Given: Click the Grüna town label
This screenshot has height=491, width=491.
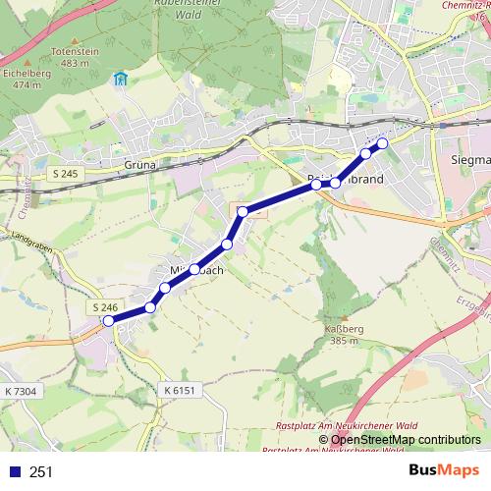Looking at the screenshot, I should coord(141,165).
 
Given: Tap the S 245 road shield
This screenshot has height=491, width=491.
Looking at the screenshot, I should coord(66,174).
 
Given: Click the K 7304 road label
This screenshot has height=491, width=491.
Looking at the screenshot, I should coord(21,391).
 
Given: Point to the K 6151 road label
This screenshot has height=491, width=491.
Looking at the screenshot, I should coord(179,391).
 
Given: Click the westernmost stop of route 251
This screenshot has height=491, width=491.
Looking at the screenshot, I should coord(109,320).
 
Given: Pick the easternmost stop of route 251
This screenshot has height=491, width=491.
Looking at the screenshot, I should coord(382,144).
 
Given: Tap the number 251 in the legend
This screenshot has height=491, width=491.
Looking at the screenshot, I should coord(41,471).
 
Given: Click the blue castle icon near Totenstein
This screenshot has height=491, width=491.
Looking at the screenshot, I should coord(120,80).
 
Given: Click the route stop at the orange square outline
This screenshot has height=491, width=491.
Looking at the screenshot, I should coord(242,211).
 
